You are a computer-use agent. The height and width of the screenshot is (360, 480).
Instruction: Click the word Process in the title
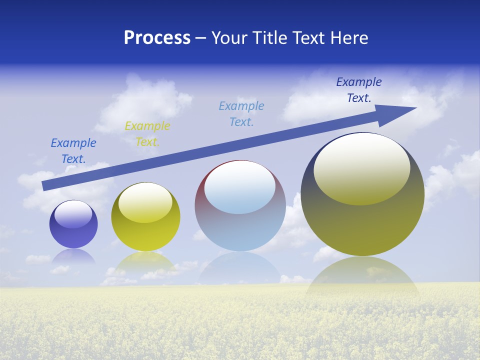coord(157,38)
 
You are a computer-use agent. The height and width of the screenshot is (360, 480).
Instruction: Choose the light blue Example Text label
coord(241,114)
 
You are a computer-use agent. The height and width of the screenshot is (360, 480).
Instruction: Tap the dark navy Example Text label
coord(359,90)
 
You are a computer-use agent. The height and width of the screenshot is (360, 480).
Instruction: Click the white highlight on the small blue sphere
coord(73,214)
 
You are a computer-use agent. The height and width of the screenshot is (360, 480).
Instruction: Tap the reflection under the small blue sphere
coord(73,256)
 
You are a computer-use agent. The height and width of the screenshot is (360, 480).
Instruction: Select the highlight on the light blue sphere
coord(240,187)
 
